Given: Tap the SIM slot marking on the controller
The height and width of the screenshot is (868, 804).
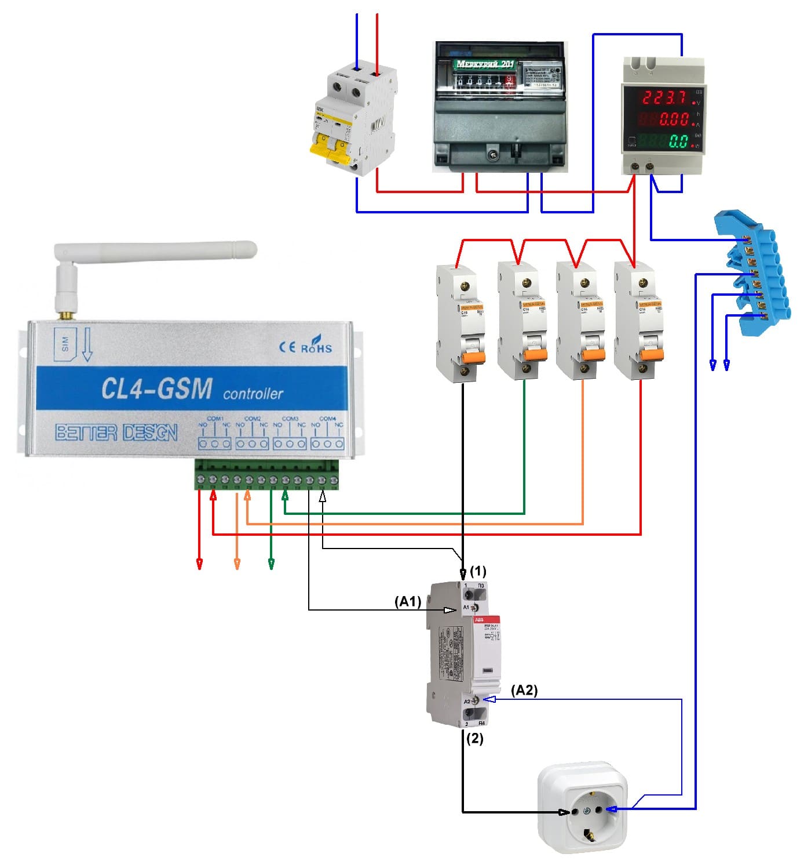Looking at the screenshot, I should click(x=65, y=344).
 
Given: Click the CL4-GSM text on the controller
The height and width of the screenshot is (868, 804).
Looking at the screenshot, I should click(x=156, y=388).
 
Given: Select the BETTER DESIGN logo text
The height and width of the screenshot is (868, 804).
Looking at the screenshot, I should click(x=116, y=433).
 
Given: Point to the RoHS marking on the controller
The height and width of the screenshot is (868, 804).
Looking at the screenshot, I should click(x=316, y=347).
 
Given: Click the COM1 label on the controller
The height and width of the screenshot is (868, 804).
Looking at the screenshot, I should click(x=215, y=419).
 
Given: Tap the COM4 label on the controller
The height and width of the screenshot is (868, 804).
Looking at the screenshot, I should click(x=327, y=419).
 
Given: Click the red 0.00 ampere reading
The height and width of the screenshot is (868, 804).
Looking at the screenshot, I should click(x=672, y=119).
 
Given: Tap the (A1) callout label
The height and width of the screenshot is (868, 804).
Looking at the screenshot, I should click(x=408, y=602).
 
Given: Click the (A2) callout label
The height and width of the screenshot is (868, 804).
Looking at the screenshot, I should click(x=524, y=690).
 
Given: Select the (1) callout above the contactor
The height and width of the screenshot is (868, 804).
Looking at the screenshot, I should click(x=478, y=571).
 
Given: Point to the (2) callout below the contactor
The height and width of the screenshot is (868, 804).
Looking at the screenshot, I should click(x=474, y=739).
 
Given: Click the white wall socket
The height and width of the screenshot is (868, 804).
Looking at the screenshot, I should click(x=582, y=808).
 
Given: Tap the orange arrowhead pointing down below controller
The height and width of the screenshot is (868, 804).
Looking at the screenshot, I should click(x=236, y=564).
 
